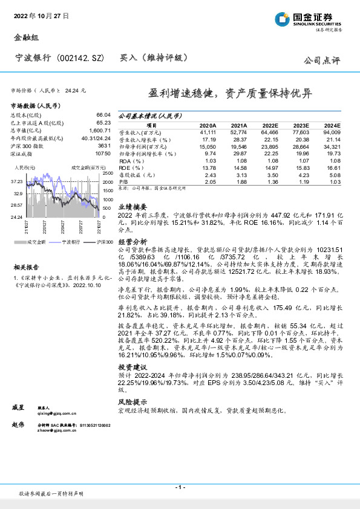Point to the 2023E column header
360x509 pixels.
pyautogui.click(x=301, y=125)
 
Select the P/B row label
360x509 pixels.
pyautogui.click(x=123, y=181)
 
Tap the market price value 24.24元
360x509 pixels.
pyautogui.click(x=76, y=90)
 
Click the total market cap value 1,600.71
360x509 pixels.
pyautogui.click(x=98, y=130)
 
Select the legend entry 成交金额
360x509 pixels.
pyautogui.click(x=32, y=242)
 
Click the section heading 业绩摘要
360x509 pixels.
pyautogui.click(x=131, y=206)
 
